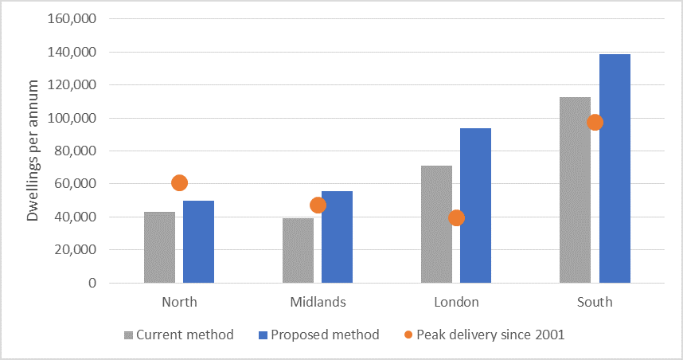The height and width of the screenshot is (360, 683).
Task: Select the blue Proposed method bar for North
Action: click(x=198, y=242)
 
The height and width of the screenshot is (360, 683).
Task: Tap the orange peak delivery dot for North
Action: click(x=179, y=183)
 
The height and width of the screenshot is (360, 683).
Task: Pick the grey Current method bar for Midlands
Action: click(x=298, y=250)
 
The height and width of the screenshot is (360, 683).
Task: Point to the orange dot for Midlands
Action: click(x=318, y=205)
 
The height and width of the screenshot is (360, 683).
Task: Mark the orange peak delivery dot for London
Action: click(x=456, y=217)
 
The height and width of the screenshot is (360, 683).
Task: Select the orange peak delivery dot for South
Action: click(x=595, y=122)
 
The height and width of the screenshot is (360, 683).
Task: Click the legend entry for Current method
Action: click(x=179, y=335)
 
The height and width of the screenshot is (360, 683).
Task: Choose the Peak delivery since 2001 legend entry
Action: click(x=482, y=335)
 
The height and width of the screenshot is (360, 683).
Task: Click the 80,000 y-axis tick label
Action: click(x=76, y=151)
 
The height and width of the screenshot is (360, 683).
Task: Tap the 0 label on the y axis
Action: click(x=92, y=283)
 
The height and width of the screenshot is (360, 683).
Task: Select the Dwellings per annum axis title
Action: click(x=33, y=151)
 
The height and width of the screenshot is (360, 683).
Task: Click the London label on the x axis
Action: click(x=456, y=302)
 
